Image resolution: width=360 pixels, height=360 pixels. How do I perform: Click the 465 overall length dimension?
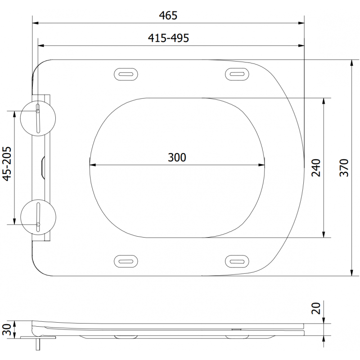tap(168, 15)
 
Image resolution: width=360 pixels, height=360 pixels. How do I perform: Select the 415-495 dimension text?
tap(168, 38)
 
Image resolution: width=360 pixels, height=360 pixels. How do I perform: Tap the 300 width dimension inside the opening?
tap(177, 157)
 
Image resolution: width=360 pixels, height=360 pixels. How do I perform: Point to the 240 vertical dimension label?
tap(316, 167)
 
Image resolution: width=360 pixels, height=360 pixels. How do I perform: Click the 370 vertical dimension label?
tap(344, 167)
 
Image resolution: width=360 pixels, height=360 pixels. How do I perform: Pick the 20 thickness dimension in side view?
tap(316, 309)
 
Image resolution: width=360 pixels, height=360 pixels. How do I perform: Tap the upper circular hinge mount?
tap(38, 116)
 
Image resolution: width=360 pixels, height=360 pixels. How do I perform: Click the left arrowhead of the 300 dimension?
tap(92, 164)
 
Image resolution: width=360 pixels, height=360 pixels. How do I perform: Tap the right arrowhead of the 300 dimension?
tap(262, 164)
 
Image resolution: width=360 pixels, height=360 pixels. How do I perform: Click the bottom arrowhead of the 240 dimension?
tap(323, 234)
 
